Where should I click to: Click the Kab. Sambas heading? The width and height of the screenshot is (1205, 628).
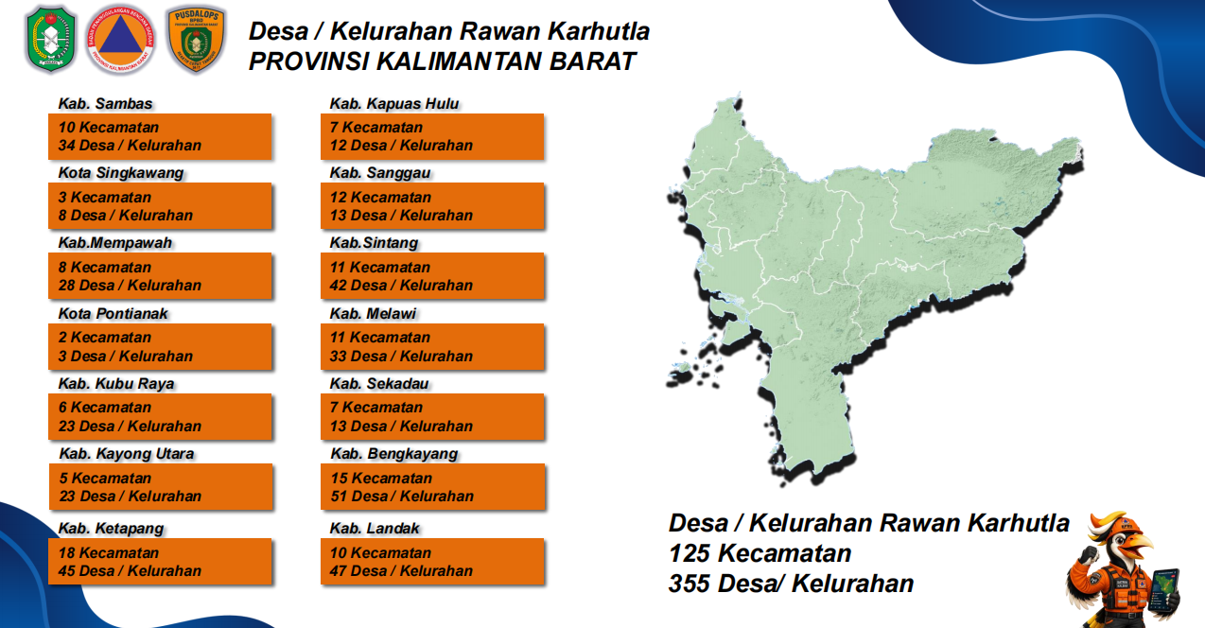point(105,103)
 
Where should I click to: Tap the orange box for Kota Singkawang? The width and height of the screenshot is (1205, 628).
point(160,206)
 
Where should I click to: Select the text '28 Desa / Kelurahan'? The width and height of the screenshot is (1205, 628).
point(130,286)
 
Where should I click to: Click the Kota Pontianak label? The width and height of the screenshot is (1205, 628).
point(113,313)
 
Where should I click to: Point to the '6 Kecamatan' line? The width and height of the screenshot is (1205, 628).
point(105,408)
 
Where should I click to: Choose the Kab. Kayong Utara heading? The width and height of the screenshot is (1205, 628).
point(127,454)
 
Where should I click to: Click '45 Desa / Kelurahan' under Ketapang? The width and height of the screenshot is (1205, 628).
point(130,571)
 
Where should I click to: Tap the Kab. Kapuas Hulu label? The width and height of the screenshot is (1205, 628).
point(394,103)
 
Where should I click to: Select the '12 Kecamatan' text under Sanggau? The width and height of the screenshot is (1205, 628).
point(380,197)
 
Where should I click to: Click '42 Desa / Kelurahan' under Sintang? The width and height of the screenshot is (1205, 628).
point(401,286)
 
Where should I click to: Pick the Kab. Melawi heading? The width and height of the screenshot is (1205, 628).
point(373,313)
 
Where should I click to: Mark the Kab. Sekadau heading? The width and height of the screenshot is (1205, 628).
point(379,384)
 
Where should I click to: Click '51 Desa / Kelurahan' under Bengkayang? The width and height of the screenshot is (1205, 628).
point(402,497)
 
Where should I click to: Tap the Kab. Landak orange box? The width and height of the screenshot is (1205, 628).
point(432,561)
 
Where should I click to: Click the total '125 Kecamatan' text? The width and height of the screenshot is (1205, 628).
point(760,553)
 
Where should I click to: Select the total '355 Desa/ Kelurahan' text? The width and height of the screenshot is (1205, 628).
point(791,584)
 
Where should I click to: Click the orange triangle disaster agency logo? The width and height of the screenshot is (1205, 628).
point(120,40)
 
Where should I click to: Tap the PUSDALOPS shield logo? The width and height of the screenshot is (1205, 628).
point(197,40)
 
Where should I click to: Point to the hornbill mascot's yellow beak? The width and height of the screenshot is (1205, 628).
point(1135,548)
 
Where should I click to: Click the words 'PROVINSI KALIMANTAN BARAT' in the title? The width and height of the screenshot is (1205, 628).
point(443,61)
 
